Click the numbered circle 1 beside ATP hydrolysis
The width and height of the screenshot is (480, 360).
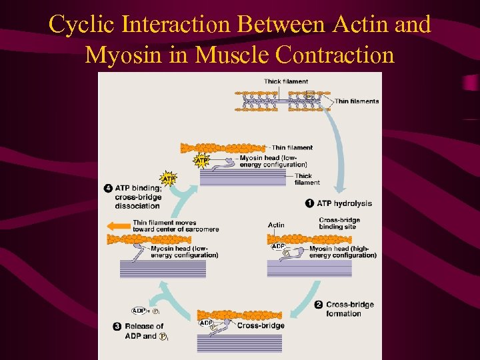[x=309, y=203]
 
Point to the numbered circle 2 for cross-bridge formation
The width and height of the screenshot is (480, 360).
[x=318, y=305]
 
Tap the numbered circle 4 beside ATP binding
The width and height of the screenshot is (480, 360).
[x=108, y=189]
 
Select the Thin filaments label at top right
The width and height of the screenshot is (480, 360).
[x=356, y=101]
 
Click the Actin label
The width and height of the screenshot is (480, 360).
[x=276, y=225]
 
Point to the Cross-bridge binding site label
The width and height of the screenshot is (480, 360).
[x=339, y=223]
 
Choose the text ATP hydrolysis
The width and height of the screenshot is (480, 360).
[x=344, y=203]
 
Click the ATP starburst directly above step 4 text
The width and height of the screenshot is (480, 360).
[x=169, y=179]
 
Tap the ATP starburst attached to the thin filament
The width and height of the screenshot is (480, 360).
[x=200, y=160]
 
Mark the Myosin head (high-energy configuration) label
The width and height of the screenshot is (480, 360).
[x=343, y=252]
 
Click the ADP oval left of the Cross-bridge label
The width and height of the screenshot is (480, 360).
[x=207, y=323]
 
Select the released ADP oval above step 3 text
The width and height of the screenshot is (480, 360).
[x=139, y=310]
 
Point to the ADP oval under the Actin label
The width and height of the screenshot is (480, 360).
[x=279, y=246]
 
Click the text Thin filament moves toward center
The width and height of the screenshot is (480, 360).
[x=175, y=226]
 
